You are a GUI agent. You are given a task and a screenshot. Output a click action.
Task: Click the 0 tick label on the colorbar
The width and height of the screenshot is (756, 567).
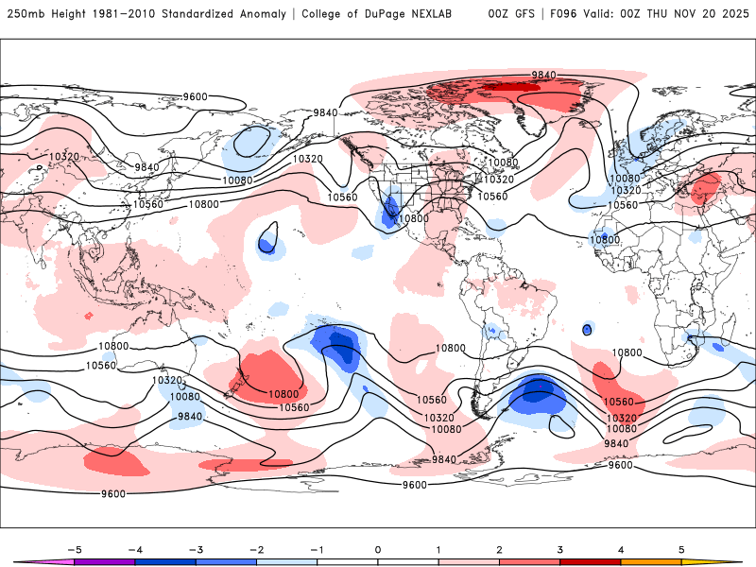coord(377,549)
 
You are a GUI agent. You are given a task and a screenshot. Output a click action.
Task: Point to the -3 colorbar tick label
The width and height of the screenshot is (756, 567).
coord(195,549)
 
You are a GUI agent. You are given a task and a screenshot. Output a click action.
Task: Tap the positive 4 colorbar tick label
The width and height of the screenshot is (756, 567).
coord(620,549)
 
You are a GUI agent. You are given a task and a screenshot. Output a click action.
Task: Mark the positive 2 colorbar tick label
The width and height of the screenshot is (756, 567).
coord(499,549)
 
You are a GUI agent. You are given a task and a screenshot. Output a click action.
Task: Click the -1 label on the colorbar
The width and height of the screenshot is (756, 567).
coord(316,549)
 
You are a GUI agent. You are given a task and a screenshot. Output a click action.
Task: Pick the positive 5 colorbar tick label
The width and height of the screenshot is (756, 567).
coord(680,549)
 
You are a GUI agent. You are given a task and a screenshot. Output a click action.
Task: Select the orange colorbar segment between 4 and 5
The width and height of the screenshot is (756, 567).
coord(650,561)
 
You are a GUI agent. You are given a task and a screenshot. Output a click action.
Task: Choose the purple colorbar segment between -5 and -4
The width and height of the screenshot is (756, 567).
coord(104,561)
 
